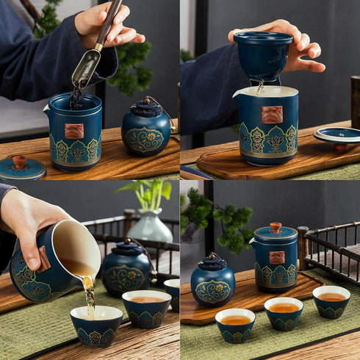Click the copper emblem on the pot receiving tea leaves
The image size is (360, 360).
point(73,131)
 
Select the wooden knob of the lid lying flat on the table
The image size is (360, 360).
point(20,161)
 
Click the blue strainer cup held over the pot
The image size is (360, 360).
point(263,56)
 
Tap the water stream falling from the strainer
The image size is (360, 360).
point(259,87)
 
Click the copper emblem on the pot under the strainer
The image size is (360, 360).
point(272,115)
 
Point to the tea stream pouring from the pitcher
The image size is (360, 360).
point(89,294)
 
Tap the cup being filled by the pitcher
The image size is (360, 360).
point(96,325)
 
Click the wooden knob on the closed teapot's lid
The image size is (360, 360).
point(276,227)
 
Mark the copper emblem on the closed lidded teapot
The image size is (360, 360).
point(276,257)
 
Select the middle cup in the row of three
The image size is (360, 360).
point(284,313)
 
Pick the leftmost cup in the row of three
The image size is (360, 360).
point(235,325)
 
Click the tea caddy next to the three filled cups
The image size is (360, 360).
point(213,284)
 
